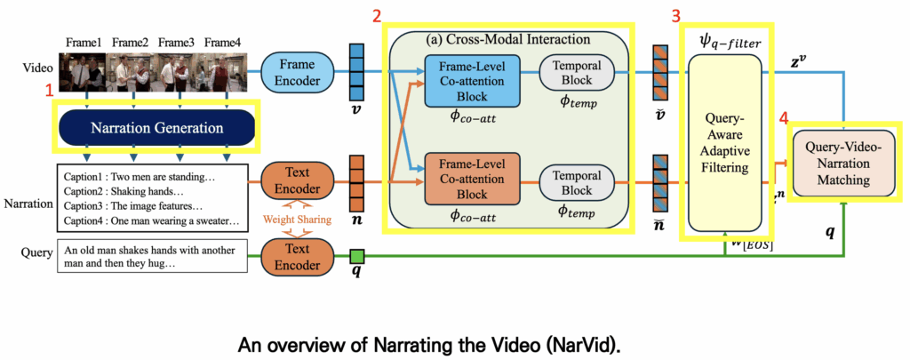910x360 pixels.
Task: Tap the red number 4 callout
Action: coord(783,116)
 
